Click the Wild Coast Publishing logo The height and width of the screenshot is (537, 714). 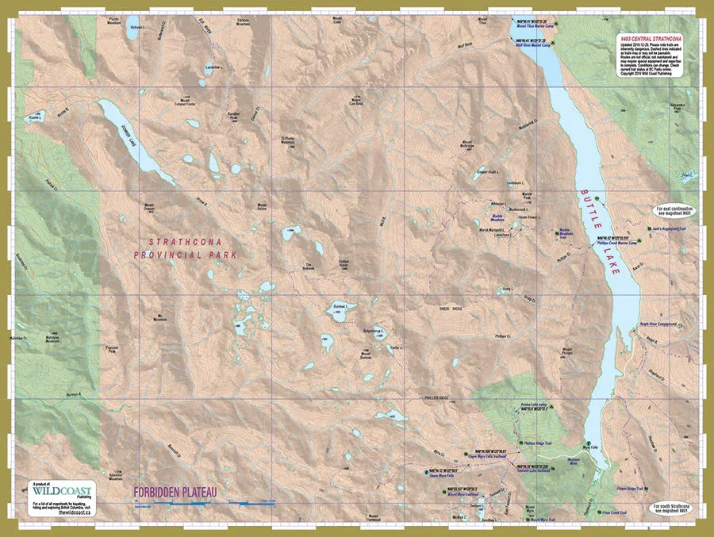point(63,490)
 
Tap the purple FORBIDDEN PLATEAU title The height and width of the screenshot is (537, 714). point(175,493)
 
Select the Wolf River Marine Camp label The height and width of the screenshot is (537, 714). point(532,46)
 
